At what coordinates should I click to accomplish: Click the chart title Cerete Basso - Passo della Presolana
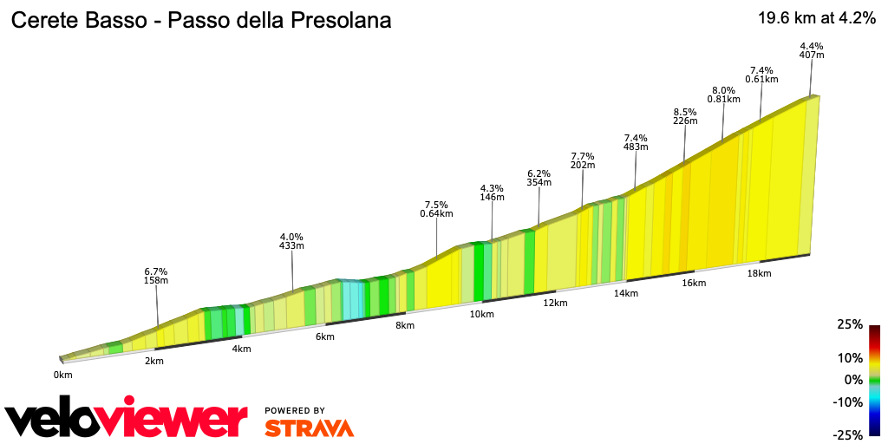[x=200, y=20]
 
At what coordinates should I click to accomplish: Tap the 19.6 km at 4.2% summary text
[x=815, y=19]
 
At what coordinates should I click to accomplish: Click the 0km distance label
[x=62, y=375]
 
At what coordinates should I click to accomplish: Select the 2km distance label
[x=154, y=361]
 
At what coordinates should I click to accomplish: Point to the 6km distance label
[x=325, y=336]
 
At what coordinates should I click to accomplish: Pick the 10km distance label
[x=482, y=314]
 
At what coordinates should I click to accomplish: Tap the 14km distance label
[x=625, y=293]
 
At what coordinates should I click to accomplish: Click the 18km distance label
[x=759, y=273]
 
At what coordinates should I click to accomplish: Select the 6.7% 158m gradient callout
[x=156, y=276]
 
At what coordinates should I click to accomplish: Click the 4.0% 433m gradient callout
[x=291, y=241]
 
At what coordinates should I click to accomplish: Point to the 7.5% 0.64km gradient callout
[x=436, y=209]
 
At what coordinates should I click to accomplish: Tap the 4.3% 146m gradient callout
[x=492, y=193]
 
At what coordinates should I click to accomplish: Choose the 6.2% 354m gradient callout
[x=539, y=178]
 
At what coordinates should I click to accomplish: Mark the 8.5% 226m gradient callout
[x=685, y=116]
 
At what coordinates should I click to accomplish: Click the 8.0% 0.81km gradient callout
[x=723, y=95]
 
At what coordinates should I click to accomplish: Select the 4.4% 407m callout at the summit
[x=812, y=50]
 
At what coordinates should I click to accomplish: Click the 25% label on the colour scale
[x=850, y=324]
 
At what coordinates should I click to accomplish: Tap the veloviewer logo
[x=127, y=419]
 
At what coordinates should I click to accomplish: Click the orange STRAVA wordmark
[x=309, y=428]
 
